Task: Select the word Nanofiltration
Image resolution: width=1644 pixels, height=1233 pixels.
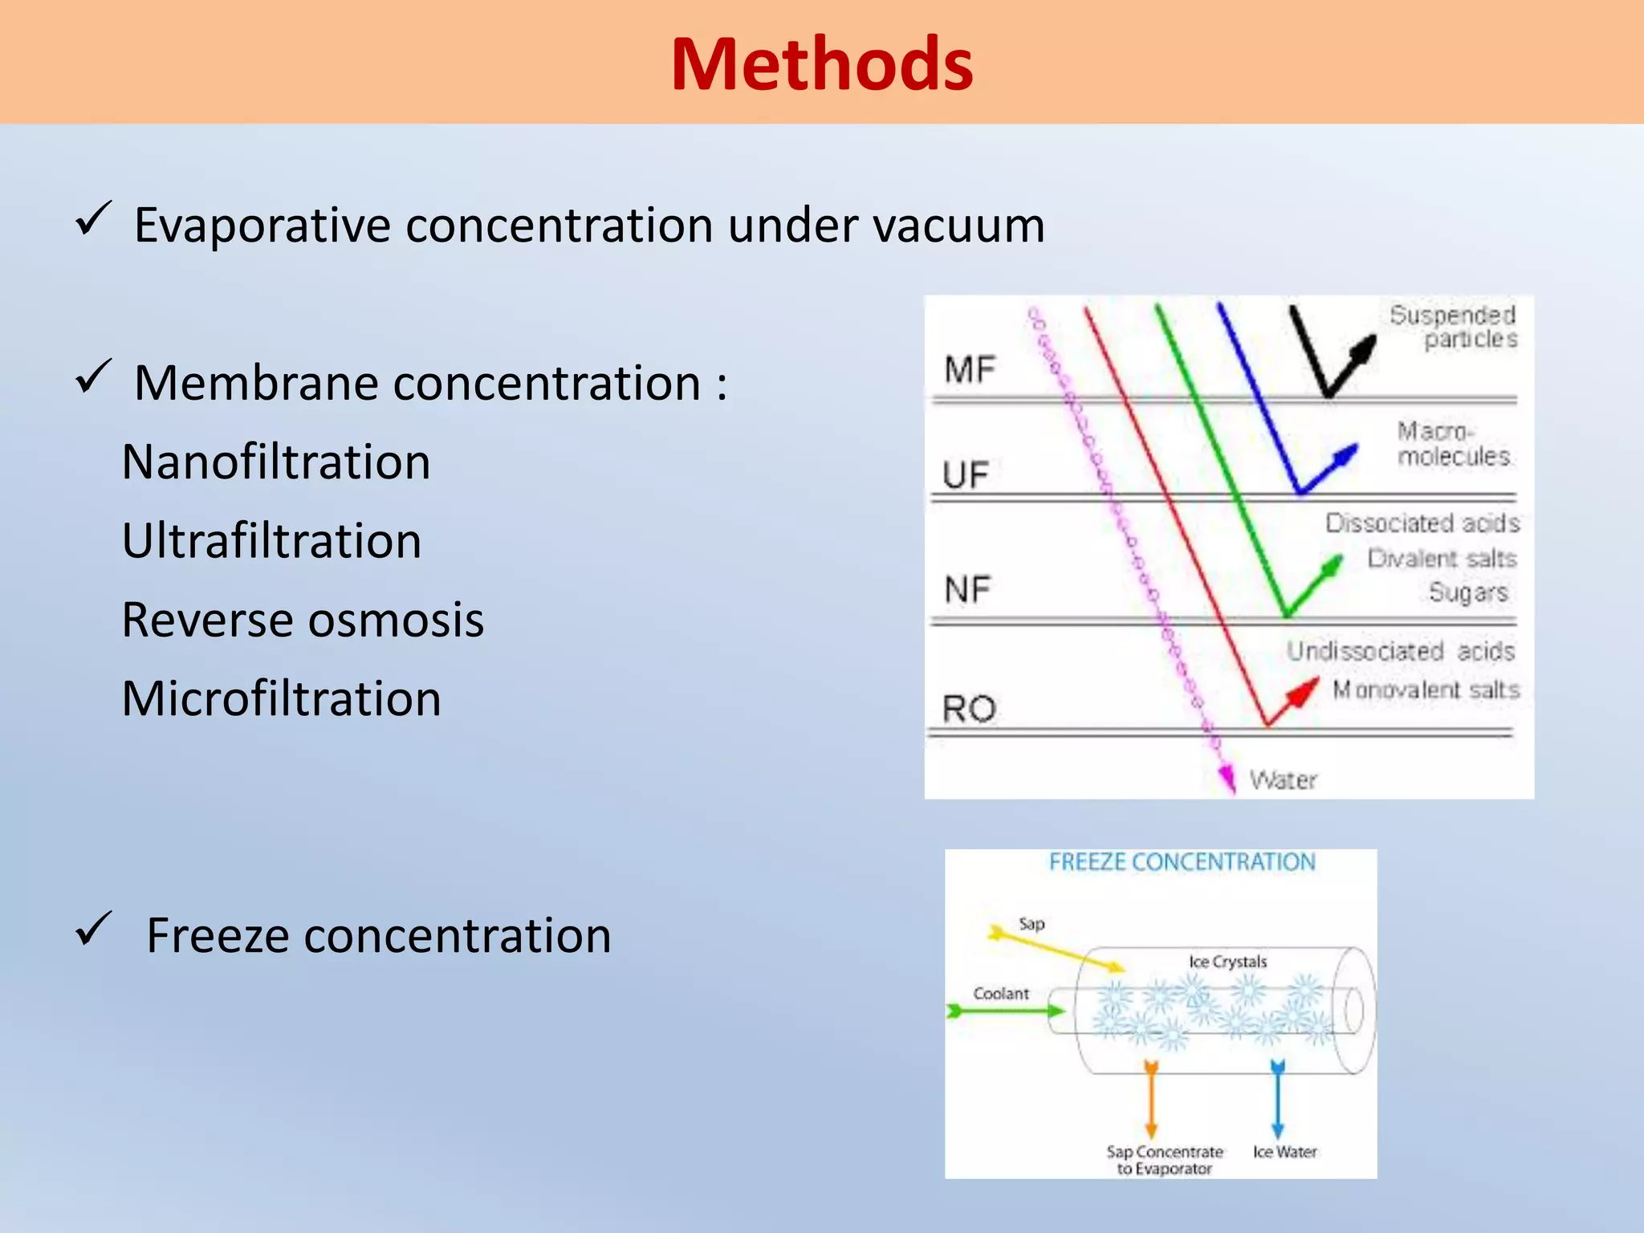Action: pyautogui.click(x=276, y=462)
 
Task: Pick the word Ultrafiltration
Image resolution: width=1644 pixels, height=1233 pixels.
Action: pyautogui.click(x=271, y=541)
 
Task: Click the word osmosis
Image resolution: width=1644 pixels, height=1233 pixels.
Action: pyautogui.click(x=396, y=620)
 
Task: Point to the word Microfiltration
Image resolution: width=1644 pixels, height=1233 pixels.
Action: pyautogui.click(x=281, y=698)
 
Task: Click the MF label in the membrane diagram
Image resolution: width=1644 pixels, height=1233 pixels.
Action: pyautogui.click(x=969, y=370)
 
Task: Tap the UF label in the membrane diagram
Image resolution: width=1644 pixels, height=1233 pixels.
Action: pyautogui.click(x=965, y=475)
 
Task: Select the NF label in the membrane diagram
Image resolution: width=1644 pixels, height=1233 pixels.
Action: pyautogui.click(x=967, y=590)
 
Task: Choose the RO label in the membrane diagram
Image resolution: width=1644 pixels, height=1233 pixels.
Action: pyautogui.click(x=969, y=709)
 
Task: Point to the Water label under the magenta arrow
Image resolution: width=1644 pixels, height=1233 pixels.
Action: pyautogui.click(x=1283, y=780)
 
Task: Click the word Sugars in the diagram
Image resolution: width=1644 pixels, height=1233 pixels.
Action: pyautogui.click(x=1467, y=592)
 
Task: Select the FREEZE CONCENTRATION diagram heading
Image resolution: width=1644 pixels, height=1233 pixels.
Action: pyautogui.click(x=1182, y=862)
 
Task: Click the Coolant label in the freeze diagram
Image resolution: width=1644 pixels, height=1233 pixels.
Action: pyautogui.click(x=1000, y=994)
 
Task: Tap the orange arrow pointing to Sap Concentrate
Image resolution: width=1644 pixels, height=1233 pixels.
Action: pyautogui.click(x=1151, y=1100)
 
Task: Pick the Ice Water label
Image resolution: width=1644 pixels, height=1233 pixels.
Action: pyautogui.click(x=1284, y=1152)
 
